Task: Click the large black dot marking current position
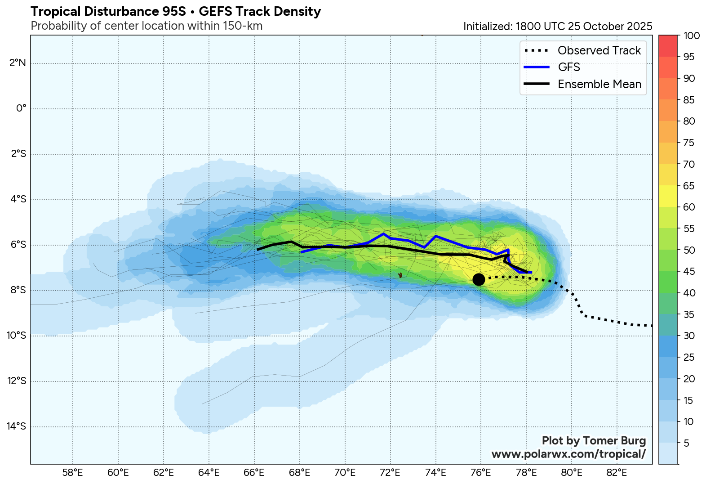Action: (x=479, y=279)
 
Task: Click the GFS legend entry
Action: (x=569, y=67)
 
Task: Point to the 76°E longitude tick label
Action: (x=481, y=472)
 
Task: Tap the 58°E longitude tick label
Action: (x=72, y=472)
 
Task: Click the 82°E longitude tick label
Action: (x=617, y=472)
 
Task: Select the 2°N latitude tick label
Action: (x=18, y=63)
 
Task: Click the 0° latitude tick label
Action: (x=21, y=108)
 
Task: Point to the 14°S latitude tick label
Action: (x=17, y=426)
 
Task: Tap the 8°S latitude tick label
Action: (x=18, y=290)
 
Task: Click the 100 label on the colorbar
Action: (x=691, y=36)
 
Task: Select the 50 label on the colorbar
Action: (x=689, y=250)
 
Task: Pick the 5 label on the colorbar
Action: (x=686, y=443)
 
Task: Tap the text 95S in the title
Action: (x=173, y=12)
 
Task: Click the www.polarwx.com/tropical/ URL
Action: (x=568, y=454)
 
